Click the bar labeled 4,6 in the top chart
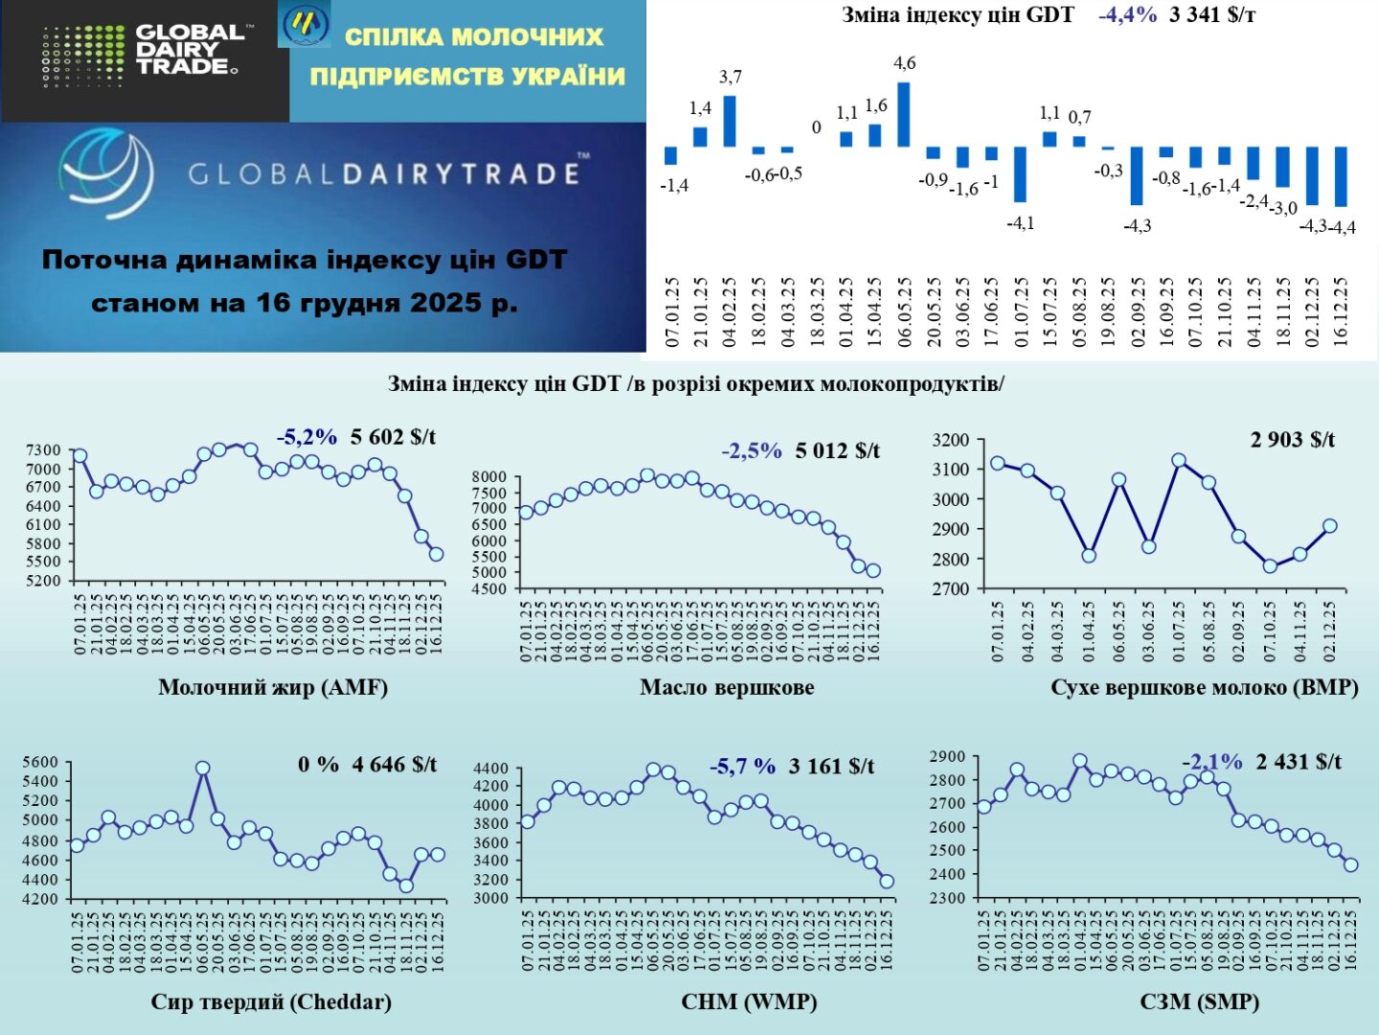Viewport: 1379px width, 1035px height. [903, 114]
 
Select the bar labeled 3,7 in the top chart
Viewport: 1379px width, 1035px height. [730, 121]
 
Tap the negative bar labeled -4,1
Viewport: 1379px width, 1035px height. [1020, 173]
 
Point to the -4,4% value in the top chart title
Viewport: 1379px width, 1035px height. [1127, 15]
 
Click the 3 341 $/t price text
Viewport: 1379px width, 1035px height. [1211, 15]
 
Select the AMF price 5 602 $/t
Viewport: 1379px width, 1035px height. [393, 438]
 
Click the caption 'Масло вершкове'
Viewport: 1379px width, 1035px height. [727, 687]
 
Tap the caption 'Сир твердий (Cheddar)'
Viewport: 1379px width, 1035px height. [271, 1002]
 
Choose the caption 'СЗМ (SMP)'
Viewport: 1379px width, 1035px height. [1199, 1002]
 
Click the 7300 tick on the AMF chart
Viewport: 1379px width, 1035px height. [43, 450]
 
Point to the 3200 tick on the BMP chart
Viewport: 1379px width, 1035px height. [951, 441]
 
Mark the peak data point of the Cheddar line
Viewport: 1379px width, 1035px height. [202, 768]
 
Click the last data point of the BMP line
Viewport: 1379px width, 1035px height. [1329, 526]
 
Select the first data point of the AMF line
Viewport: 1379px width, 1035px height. [79, 456]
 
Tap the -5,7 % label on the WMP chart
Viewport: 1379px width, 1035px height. [742, 767]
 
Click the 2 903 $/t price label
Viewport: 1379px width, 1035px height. [1292, 440]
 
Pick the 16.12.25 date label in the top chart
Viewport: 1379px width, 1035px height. [1341, 312]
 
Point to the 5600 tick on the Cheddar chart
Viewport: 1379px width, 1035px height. [40, 763]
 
